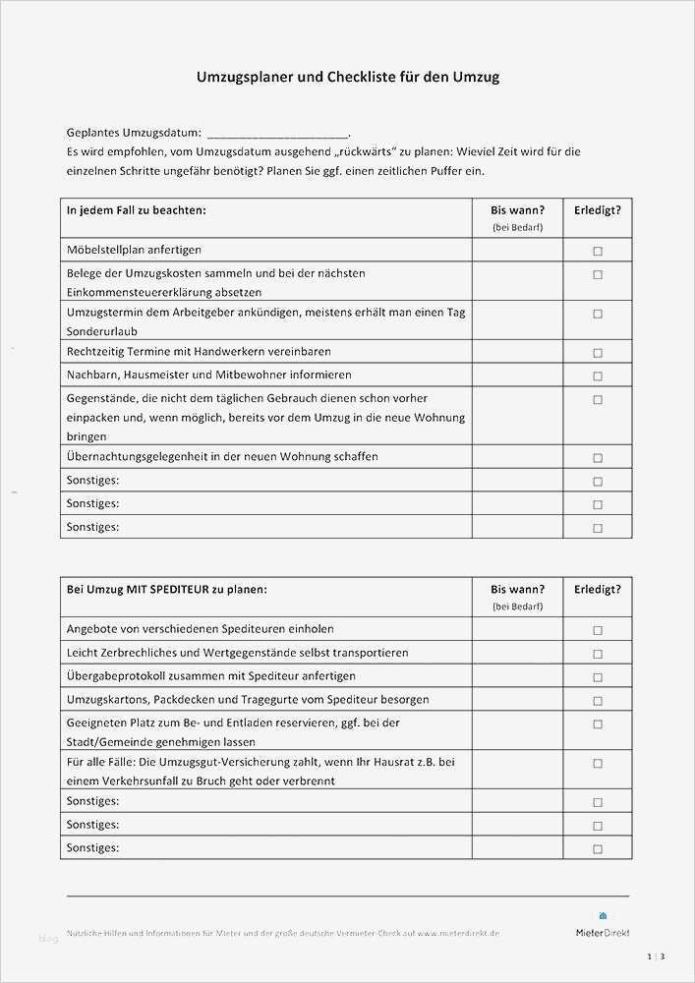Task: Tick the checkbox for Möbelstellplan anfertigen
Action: pos(597,251)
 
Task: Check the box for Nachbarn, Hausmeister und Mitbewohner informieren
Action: pos(597,376)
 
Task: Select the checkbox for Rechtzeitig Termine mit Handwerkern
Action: pos(597,352)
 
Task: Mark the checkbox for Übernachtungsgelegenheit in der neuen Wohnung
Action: pos(597,457)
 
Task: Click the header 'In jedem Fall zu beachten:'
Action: pos(136,209)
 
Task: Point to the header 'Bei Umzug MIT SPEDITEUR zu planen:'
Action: pos(166,589)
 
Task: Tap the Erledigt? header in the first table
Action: pos(597,209)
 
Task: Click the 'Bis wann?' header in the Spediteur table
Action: pos(517,589)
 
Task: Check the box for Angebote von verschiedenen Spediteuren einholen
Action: pos(597,630)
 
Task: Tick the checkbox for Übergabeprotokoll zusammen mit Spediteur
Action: pos(597,677)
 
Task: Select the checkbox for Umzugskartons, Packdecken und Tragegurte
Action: pos(597,701)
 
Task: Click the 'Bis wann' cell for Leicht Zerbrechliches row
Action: pos(517,653)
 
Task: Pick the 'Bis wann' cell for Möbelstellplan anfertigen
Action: pos(517,251)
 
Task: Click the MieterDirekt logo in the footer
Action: pos(603,927)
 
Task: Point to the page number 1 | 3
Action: pos(656,956)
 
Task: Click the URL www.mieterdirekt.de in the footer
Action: pos(458,933)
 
